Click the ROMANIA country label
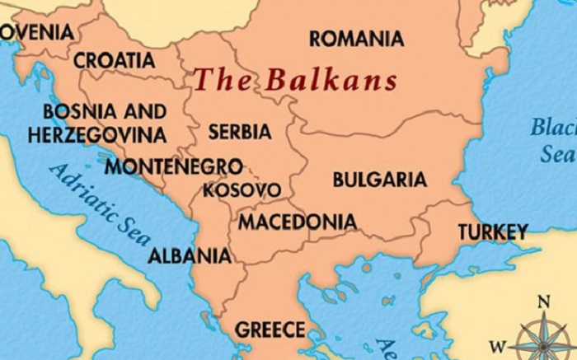pos(356,39)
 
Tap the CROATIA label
pos(114,60)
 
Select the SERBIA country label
pos(240,131)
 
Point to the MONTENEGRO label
pos(174,166)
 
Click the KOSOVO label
pos(242,190)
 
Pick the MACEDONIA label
pos(298,222)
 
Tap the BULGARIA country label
pos(379,180)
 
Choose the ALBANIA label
pos(190,255)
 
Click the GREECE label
pos(270,330)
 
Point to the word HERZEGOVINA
pos(96,135)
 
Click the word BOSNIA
pos(70,111)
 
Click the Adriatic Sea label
pos(100,203)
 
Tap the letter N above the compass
pos(542,301)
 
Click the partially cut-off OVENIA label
pos(37,32)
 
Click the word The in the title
pos(221,80)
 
